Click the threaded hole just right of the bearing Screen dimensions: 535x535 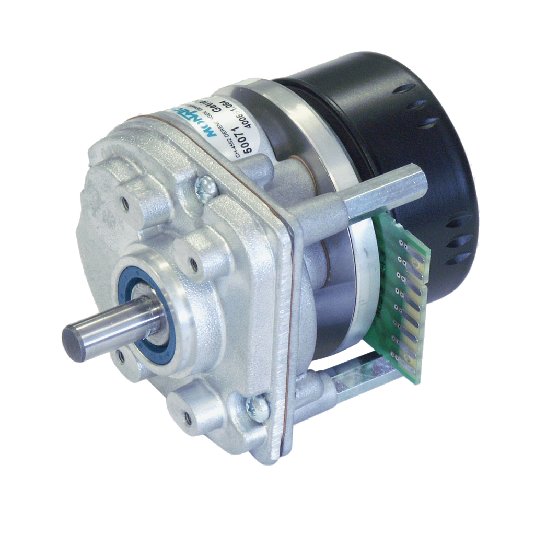(194, 265)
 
